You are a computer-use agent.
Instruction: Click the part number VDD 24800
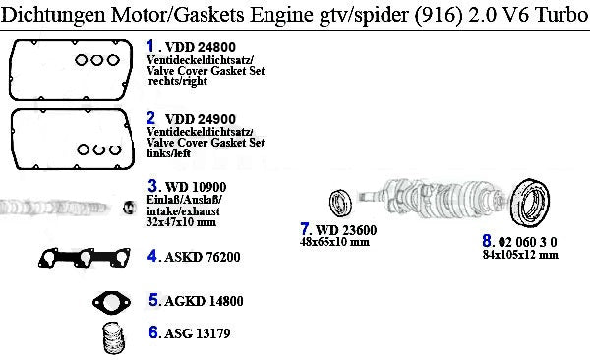click(x=201, y=47)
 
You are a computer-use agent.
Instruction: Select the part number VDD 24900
click(x=201, y=119)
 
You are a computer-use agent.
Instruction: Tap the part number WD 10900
click(x=196, y=187)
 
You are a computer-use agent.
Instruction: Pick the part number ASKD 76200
click(x=202, y=257)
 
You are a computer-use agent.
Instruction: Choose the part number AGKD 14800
click(x=204, y=301)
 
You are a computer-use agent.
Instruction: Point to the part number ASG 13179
click(x=198, y=333)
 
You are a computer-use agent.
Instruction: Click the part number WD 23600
click(x=346, y=230)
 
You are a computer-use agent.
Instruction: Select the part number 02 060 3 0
click(x=527, y=242)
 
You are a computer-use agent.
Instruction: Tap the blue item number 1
click(x=150, y=46)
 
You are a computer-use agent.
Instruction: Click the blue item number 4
click(x=152, y=256)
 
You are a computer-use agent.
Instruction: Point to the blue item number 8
click(x=487, y=241)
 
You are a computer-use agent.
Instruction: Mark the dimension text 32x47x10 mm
click(x=181, y=222)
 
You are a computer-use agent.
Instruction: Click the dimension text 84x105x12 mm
click(x=520, y=255)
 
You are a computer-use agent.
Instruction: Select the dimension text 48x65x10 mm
click(x=334, y=242)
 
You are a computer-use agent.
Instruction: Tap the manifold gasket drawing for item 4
click(x=85, y=258)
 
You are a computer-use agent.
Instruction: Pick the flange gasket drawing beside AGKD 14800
click(x=111, y=302)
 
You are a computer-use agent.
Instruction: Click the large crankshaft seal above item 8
click(x=530, y=203)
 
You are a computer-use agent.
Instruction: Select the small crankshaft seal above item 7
click(x=340, y=203)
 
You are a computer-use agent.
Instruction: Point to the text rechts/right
click(x=178, y=81)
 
